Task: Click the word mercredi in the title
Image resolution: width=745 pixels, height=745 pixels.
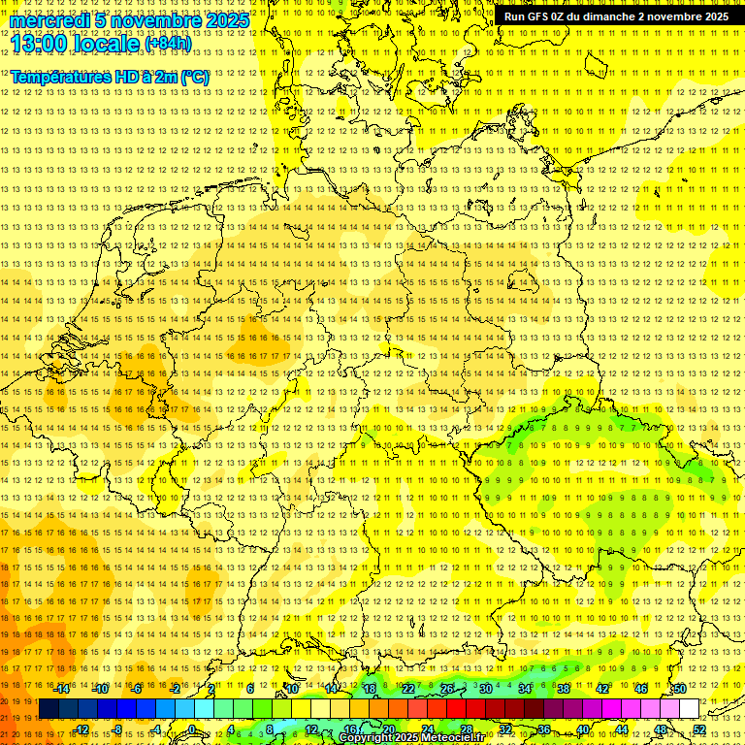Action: (49, 20)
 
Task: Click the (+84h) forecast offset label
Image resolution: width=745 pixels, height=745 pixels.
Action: (168, 44)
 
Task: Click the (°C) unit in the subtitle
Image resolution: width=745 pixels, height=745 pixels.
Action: (194, 77)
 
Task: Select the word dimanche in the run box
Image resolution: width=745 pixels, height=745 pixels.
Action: (606, 16)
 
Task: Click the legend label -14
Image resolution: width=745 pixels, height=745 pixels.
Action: (61, 688)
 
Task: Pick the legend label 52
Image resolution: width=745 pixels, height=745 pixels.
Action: (698, 729)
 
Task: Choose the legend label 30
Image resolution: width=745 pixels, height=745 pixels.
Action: (485, 688)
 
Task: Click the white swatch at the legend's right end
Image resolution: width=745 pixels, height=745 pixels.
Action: (688, 708)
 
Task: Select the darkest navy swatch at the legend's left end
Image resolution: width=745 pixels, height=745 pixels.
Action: (49, 708)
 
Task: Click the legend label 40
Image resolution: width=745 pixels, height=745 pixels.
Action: (582, 729)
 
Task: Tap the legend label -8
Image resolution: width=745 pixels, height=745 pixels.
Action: (117, 729)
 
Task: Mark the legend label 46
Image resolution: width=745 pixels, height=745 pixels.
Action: (640, 688)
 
